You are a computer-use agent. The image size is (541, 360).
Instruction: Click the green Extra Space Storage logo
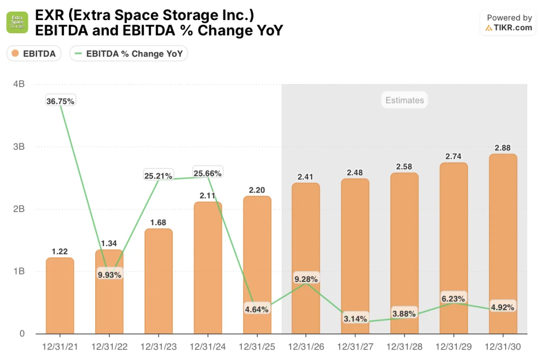coord(17,23)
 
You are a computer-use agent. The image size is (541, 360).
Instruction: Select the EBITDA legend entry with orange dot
coord(34,53)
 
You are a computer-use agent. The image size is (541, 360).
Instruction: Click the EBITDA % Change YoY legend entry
coord(129,53)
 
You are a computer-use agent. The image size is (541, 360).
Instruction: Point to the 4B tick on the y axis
coord(18,84)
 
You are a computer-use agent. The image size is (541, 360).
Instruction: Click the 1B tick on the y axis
coord(18,271)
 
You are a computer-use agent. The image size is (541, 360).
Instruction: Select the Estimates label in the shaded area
coord(404,100)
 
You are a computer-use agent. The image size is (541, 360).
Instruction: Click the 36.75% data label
coord(60,101)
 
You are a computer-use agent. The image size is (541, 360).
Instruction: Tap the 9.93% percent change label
coord(109,274)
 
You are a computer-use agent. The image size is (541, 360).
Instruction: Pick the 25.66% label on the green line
coord(208,173)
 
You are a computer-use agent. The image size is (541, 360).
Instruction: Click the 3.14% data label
coord(355,318)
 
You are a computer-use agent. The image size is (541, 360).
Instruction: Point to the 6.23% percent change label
coord(453,299)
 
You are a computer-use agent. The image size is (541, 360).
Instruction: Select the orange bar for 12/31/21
coord(60,296)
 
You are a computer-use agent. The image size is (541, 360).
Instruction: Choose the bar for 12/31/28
coord(404,253)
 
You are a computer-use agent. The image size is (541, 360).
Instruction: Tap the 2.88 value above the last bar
coord(502,147)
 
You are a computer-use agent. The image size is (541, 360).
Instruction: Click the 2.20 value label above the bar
coord(257,190)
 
